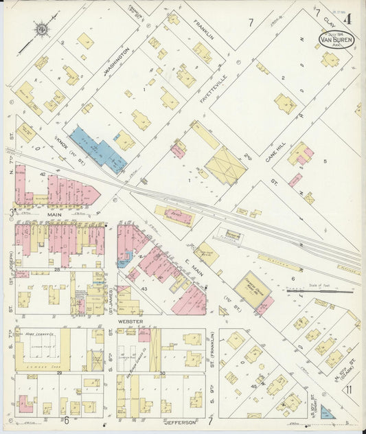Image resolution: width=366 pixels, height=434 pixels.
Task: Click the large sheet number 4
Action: tap(348, 19)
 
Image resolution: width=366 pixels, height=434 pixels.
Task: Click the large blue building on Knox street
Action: tap(98, 148)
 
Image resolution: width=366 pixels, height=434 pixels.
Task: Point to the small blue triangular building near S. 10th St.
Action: tap(328, 412)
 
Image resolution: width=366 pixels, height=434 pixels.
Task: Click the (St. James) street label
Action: tap(111, 305)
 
